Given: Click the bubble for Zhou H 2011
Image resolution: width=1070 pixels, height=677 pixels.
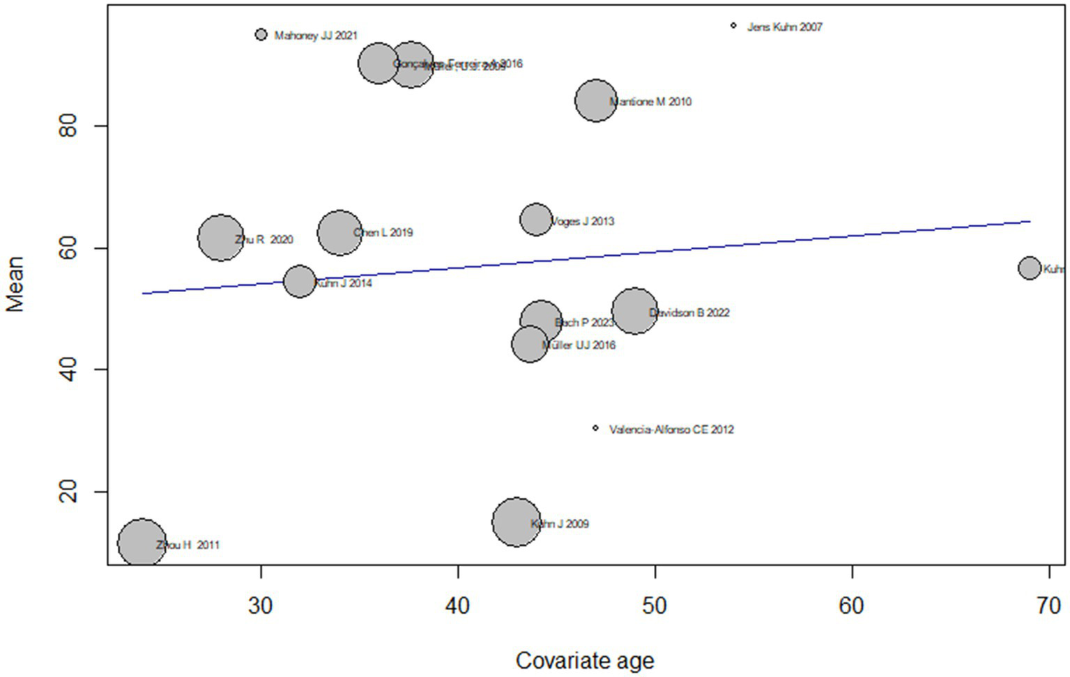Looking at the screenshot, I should tap(142, 542).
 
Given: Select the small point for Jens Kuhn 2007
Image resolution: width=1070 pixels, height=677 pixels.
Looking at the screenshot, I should tap(733, 26).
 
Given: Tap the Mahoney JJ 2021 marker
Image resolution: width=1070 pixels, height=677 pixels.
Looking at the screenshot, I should tap(261, 34).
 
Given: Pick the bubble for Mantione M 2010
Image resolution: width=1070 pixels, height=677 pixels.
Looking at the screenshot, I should tap(596, 100).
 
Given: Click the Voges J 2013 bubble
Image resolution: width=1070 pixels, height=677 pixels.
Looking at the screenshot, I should tap(536, 220).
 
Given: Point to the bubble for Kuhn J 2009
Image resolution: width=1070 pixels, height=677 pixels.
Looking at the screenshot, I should tap(516, 522).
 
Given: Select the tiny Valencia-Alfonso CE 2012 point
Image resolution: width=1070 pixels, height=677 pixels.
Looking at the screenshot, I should tap(595, 428).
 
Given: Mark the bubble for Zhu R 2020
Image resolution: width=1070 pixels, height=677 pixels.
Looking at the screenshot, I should tap(221, 238).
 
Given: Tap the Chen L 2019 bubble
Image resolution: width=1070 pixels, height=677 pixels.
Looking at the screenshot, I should tap(339, 232).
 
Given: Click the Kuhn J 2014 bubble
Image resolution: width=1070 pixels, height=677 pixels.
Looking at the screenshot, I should tap(300, 281).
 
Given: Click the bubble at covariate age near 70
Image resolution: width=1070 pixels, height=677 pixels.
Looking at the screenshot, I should tap(1030, 268).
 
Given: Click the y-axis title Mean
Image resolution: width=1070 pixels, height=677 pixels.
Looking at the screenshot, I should tap(15, 284).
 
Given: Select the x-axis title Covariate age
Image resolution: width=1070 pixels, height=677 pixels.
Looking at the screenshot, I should tap(584, 660).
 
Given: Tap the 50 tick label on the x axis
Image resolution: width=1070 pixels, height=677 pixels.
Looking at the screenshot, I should tap(655, 606).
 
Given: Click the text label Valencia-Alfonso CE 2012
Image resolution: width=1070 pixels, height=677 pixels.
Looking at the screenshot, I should tap(671, 429).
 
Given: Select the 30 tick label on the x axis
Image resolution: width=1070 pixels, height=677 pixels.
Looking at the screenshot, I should tap(260, 606).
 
